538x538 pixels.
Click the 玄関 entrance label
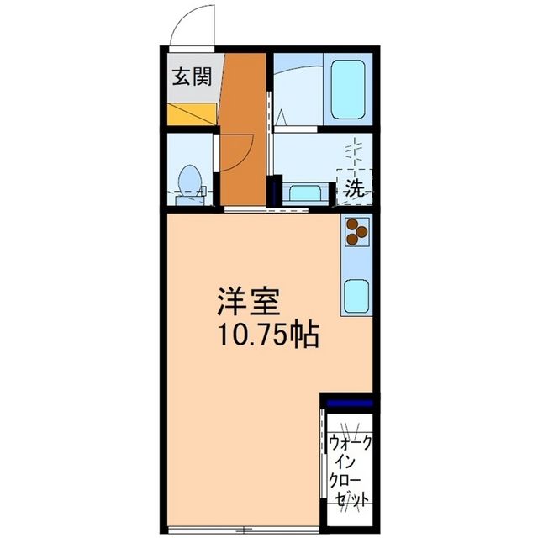(193, 78)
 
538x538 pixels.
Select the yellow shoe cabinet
(193, 113)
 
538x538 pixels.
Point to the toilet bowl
(190, 178)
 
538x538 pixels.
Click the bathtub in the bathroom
(347, 89)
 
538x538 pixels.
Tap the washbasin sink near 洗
(303, 193)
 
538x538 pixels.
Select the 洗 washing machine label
(355, 188)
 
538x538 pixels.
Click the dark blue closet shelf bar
(347, 404)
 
